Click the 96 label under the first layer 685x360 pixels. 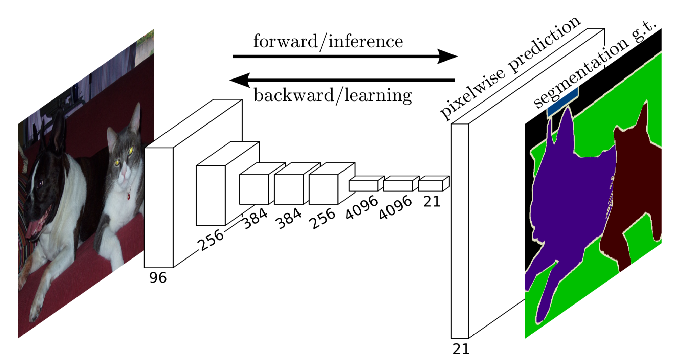(158, 277)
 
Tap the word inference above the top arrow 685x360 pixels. (366, 41)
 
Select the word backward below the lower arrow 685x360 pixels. (294, 95)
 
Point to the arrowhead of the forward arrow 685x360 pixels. (447, 56)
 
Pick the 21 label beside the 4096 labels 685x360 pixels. (432, 202)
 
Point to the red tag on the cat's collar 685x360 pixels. (129, 196)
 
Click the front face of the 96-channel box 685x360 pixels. (159, 207)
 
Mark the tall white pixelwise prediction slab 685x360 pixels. (460, 231)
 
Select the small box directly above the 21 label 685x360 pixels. (434, 183)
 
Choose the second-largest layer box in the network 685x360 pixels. (211, 196)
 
